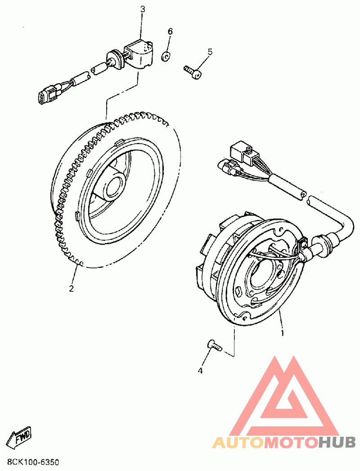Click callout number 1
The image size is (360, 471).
pos(282,334)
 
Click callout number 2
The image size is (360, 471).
pos(71,288)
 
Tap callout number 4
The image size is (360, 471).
pos(200,371)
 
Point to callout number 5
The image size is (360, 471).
pos(210,52)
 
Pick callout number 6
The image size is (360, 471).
pos(170,32)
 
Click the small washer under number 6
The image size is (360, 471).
pos(166,56)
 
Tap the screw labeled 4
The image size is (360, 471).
pos(214,346)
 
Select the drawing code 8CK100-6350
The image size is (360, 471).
pos(33,462)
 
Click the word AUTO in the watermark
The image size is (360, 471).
pos(238,443)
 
